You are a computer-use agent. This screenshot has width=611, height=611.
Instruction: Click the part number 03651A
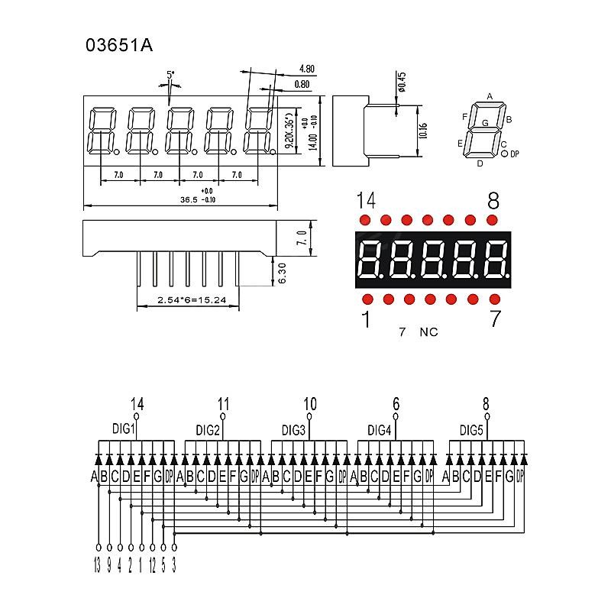pyautogui.click(x=119, y=45)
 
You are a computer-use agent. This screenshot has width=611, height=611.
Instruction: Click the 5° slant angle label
pyautogui.click(x=170, y=75)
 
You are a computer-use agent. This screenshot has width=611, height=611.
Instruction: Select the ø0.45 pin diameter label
pyautogui.click(x=402, y=79)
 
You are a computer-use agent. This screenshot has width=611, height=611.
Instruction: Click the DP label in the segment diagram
pyautogui.click(x=514, y=154)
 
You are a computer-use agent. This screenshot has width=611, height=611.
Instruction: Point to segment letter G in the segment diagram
pyautogui.click(x=484, y=122)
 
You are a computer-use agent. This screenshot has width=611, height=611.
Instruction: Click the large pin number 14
pyautogui.click(x=366, y=201)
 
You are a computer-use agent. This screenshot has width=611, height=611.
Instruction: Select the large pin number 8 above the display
pyautogui.click(x=493, y=201)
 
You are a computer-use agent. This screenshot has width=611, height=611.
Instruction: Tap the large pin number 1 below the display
pyautogui.click(x=366, y=319)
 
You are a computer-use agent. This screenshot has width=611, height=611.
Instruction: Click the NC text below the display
pyautogui.click(x=428, y=332)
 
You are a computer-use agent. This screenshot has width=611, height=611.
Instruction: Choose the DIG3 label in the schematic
pyautogui.click(x=293, y=430)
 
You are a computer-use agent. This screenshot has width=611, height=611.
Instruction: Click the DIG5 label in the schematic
pyautogui.click(x=471, y=430)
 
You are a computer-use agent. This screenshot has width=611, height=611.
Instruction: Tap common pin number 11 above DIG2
pyautogui.click(x=223, y=404)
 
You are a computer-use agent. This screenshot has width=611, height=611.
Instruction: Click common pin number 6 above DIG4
pyautogui.click(x=396, y=404)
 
